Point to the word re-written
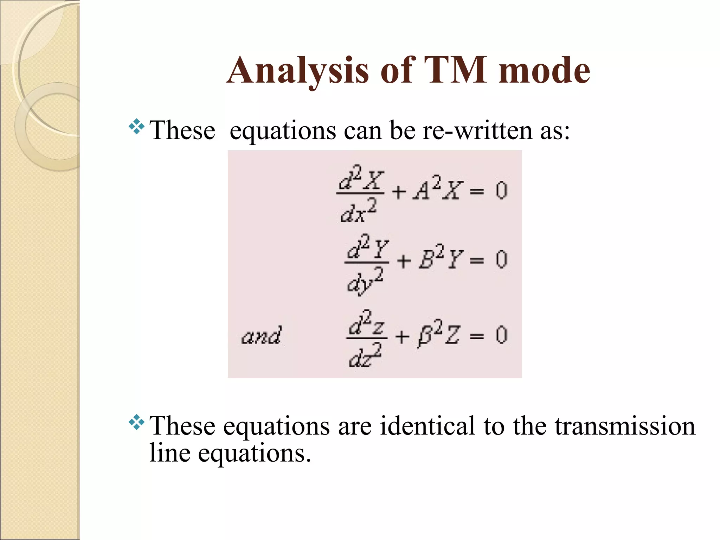[x=477, y=130]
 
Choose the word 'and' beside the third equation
[x=261, y=335]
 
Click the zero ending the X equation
[x=501, y=191]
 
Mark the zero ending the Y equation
[x=501, y=260]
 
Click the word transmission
[x=625, y=426]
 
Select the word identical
[x=427, y=426]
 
